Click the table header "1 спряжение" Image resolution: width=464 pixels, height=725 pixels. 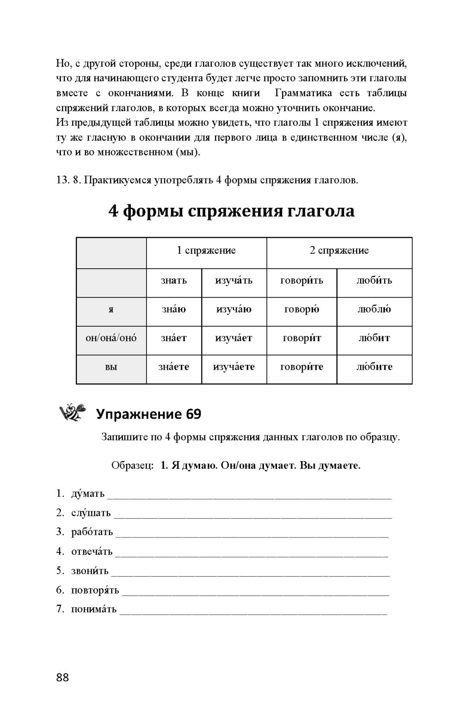[206, 250]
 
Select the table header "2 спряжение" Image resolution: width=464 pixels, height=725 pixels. [339, 250]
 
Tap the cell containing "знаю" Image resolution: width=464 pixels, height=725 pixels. [174, 309]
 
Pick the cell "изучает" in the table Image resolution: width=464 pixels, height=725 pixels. [233, 338]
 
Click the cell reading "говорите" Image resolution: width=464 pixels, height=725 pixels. [302, 367]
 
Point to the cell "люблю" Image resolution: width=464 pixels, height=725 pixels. [374, 309]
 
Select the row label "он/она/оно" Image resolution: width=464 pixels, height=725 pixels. [111, 338]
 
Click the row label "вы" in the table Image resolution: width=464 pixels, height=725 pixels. [111, 367]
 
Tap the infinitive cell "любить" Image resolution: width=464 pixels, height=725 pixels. [374, 280]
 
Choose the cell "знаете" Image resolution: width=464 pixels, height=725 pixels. [174, 367]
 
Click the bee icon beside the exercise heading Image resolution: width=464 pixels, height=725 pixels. [72, 412]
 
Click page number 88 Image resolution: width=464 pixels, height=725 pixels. [63, 677]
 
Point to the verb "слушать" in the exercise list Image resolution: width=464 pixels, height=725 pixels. [91, 513]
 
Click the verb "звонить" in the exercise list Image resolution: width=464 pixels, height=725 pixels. [90, 571]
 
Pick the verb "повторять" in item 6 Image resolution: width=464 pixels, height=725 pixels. [95, 590]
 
